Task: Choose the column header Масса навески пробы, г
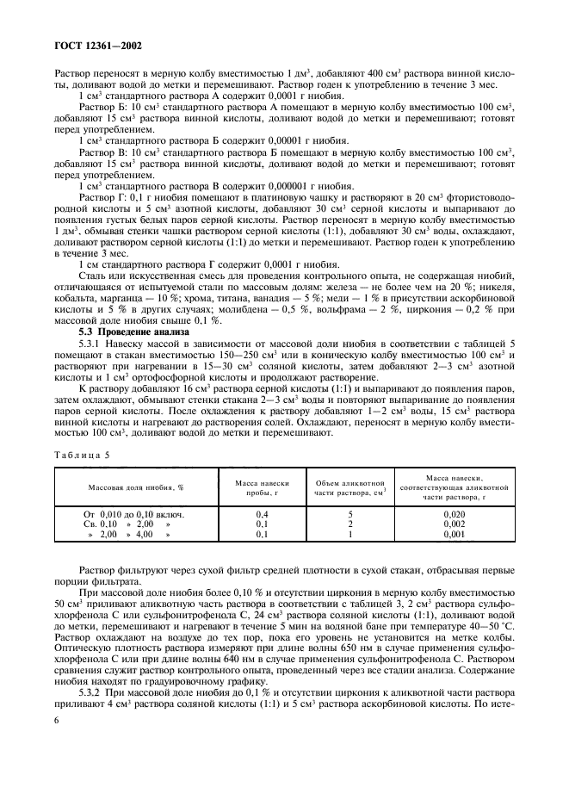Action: pos(260,487)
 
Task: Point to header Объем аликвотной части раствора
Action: pos(349,487)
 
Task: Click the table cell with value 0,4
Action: pos(260,514)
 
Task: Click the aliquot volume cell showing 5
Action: pos(349,514)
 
